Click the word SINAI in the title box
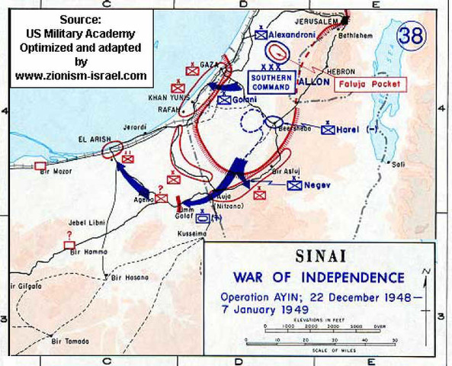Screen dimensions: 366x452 click(x=320, y=258)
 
